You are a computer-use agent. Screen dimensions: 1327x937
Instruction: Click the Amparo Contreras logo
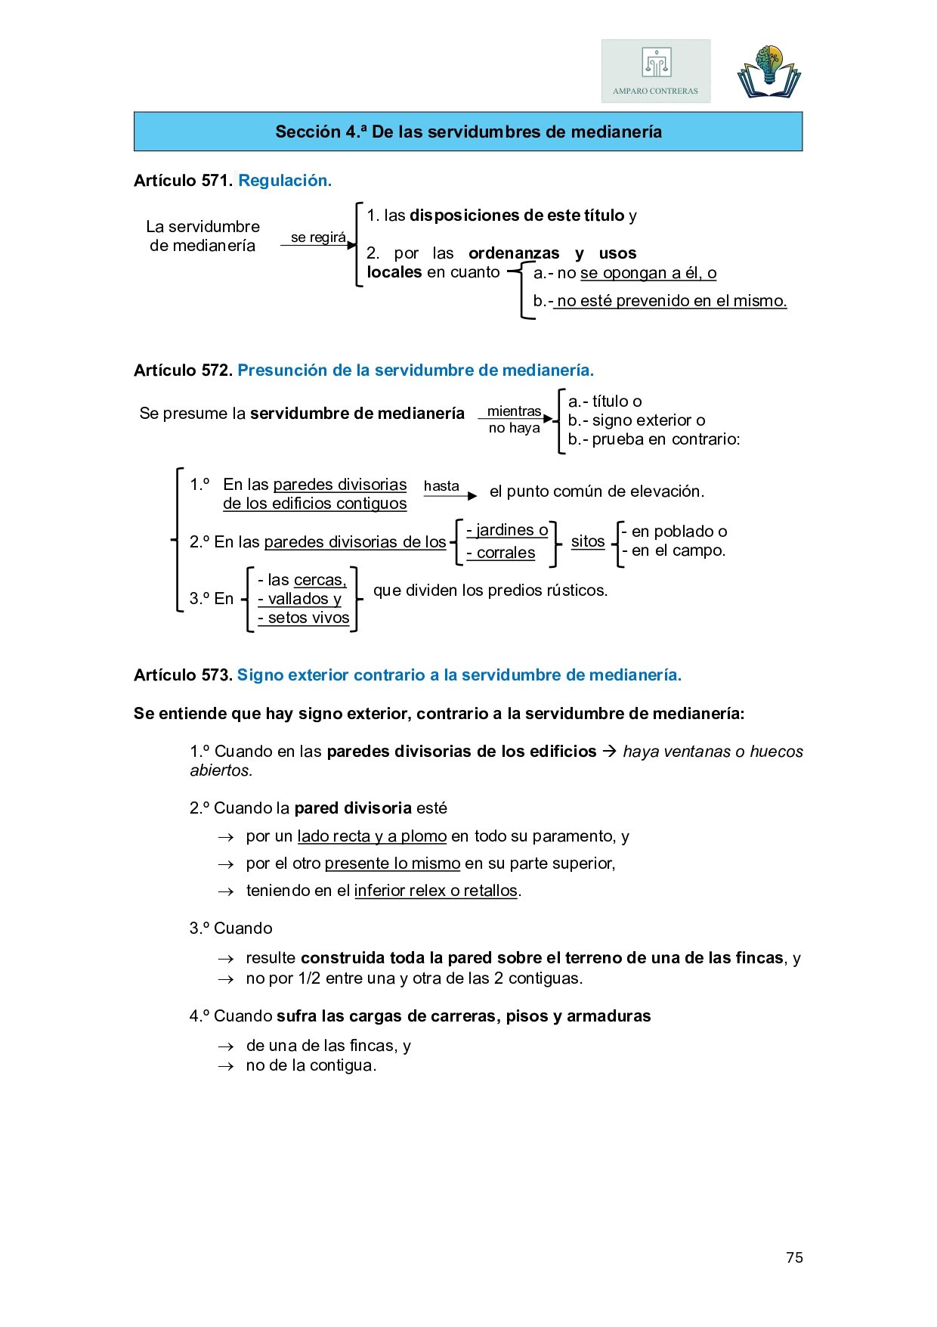pos(655,71)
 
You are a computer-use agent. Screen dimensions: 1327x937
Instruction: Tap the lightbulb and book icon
pos(768,73)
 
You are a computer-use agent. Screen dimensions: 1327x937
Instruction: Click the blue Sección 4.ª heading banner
pos(468,132)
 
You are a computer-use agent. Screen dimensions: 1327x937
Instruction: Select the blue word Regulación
pos(285,181)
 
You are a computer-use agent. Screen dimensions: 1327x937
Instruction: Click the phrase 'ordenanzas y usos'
pos(552,253)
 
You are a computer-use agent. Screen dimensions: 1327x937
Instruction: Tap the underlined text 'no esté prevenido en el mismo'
pos(671,301)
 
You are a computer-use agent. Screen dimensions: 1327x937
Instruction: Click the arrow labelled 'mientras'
pos(515,418)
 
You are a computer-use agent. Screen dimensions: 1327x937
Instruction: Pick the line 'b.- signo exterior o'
pos(636,420)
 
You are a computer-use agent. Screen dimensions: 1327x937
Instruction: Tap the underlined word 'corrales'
pos(506,553)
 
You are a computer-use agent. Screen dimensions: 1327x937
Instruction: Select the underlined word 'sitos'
pos(588,541)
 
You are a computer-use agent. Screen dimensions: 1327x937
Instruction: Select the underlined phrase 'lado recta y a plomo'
pos(372,836)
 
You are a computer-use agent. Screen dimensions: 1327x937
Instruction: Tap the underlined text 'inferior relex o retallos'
pos(435,891)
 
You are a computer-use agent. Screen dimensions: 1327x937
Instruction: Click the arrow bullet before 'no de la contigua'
pos(225,1066)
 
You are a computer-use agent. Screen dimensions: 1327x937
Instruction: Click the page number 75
pos(794,1257)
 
